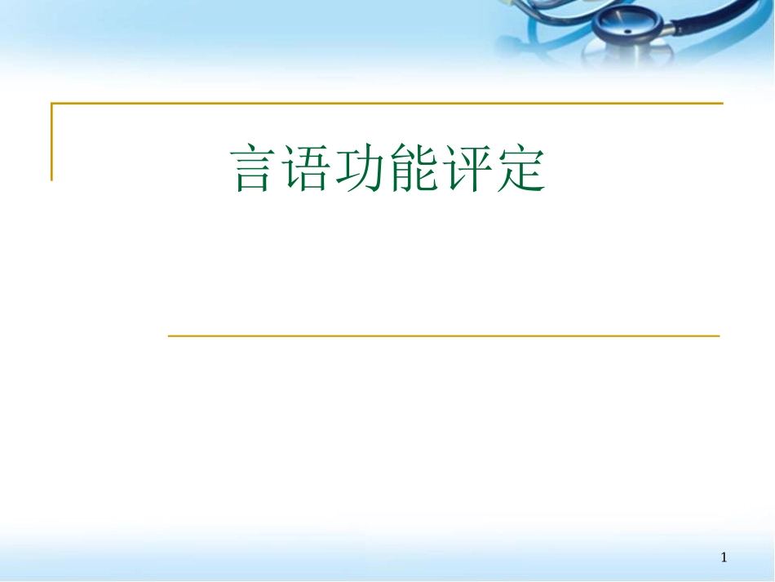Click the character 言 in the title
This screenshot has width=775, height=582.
point(251,169)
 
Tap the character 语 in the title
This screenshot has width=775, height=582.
point(303,169)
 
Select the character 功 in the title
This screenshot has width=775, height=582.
point(356,169)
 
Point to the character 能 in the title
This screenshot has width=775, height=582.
point(407,169)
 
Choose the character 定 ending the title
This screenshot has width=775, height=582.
point(519,169)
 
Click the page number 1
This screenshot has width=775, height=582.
point(724,558)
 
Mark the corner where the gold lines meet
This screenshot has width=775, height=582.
point(52,104)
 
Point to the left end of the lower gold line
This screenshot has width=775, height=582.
point(170,335)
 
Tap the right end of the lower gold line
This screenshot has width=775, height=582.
point(718,335)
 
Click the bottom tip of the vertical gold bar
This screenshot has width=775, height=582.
point(52,178)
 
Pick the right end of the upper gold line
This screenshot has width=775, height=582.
point(721,104)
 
